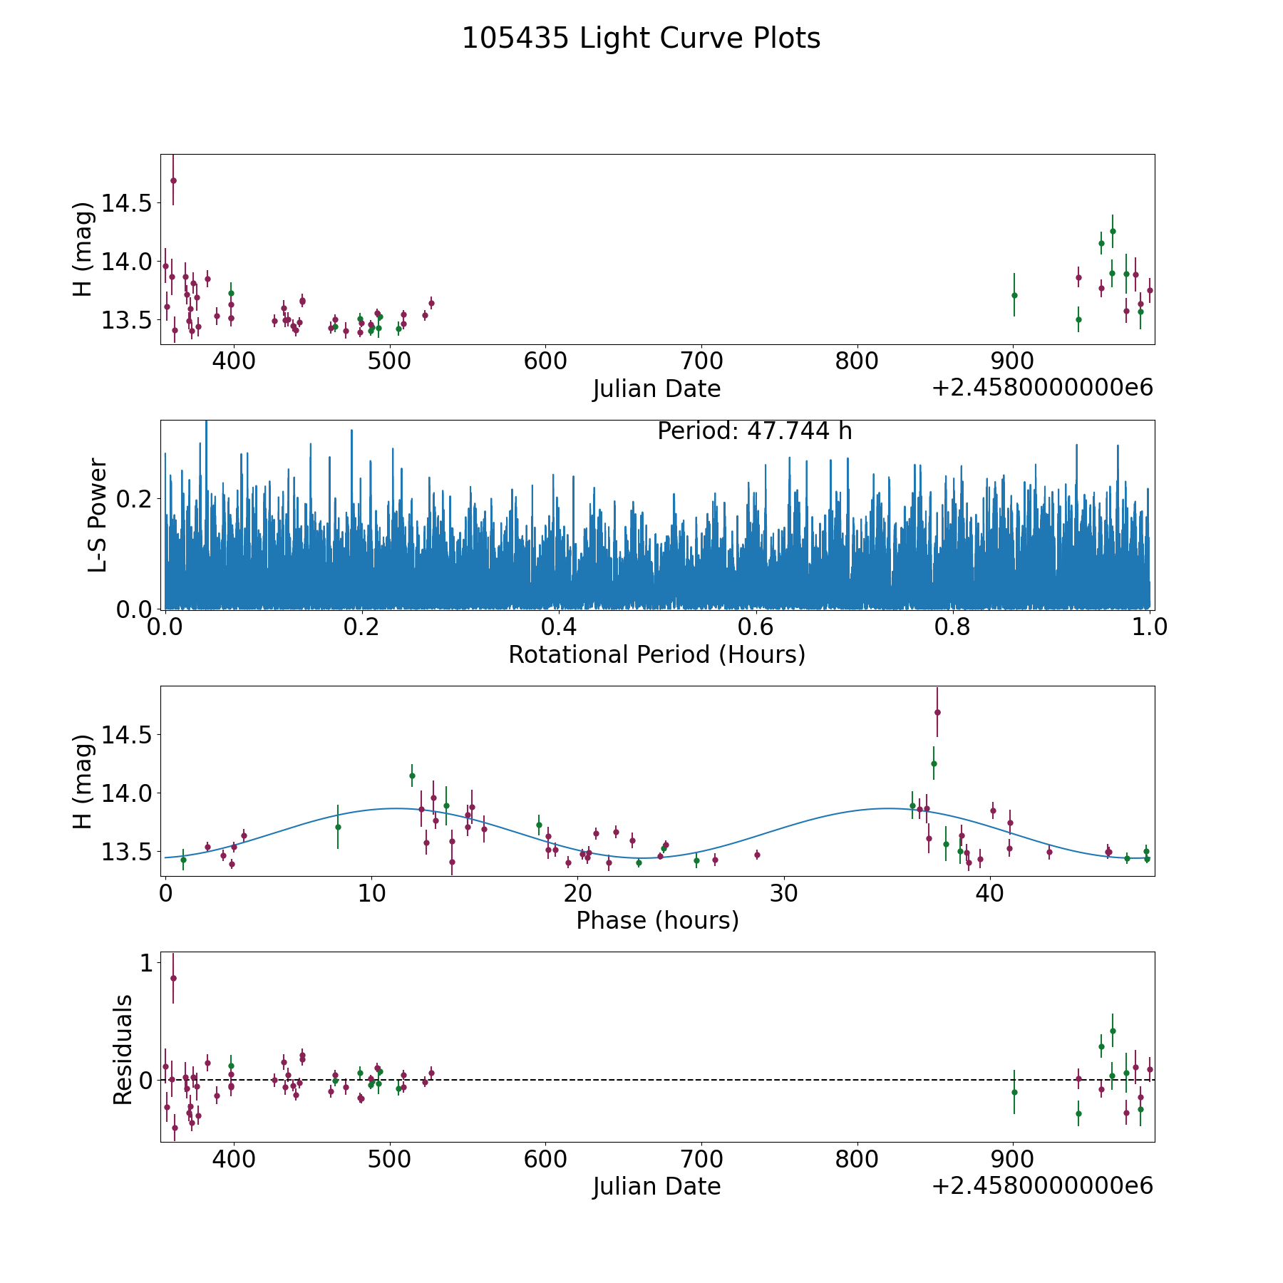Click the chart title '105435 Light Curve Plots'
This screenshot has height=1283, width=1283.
coord(641,38)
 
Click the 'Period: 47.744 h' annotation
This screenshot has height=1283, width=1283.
coord(754,431)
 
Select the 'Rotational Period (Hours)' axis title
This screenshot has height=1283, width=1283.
coord(656,654)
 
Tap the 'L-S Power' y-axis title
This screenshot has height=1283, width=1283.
coord(98,515)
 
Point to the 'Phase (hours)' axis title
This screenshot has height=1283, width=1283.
coord(656,921)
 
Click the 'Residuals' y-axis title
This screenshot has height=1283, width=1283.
coord(123,1049)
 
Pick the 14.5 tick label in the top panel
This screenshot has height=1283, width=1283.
coord(126,204)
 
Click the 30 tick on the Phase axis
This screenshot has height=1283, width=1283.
coord(783,894)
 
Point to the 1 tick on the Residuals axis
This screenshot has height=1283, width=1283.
coord(145,964)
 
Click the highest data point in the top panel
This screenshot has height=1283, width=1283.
coord(173,181)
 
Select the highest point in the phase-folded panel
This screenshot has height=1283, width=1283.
coord(937,712)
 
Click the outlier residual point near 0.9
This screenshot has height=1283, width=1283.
coord(173,978)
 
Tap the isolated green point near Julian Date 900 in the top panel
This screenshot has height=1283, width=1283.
coord(1014,295)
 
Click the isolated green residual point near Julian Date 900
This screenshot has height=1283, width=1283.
coord(1014,1092)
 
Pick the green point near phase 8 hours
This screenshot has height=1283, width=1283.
coord(338,827)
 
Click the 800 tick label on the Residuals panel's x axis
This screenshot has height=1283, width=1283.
coord(857,1159)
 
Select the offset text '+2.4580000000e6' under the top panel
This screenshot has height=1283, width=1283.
coord(1042,388)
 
